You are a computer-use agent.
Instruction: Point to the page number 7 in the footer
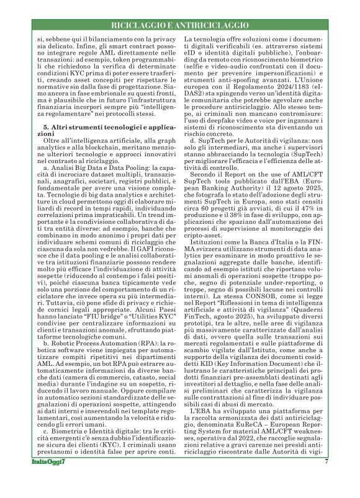[x=325, y=479]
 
